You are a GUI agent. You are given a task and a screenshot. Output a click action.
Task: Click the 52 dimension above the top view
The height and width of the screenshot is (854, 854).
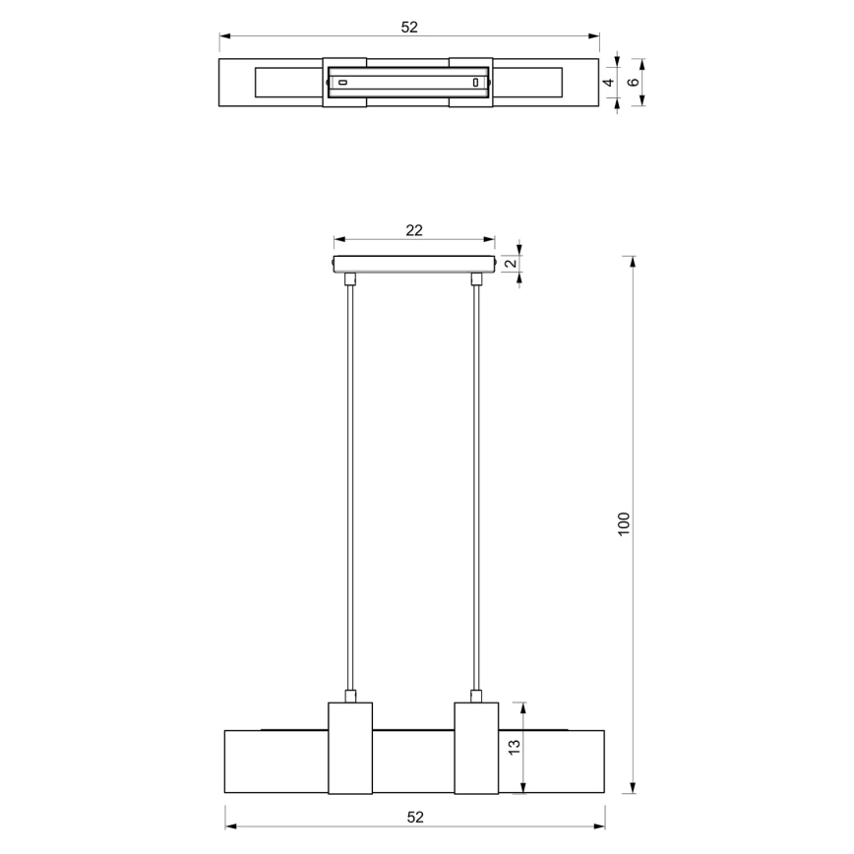point(409,28)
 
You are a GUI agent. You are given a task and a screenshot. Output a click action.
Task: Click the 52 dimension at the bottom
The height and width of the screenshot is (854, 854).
point(415,817)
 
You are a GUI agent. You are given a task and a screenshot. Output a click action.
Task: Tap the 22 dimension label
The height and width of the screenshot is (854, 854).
point(414,230)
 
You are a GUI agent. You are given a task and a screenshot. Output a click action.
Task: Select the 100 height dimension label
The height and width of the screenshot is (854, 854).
point(623,523)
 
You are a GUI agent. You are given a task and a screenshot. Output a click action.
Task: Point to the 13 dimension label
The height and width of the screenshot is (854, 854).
point(514,748)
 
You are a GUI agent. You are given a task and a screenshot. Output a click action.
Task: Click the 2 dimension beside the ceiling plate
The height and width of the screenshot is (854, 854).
point(510,265)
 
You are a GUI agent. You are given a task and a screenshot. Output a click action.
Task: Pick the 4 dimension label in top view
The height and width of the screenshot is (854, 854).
point(608,83)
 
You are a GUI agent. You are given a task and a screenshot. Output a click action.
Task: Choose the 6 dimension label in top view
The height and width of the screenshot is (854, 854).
point(633,83)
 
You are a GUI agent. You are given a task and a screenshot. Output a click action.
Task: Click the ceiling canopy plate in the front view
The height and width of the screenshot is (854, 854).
point(413,265)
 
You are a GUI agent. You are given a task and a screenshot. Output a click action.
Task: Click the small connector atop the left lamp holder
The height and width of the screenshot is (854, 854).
point(349,696)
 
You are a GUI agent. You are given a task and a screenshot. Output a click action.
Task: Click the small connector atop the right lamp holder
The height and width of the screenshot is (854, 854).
point(477,696)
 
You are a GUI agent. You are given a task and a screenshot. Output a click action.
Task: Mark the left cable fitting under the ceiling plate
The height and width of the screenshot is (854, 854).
point(349,279)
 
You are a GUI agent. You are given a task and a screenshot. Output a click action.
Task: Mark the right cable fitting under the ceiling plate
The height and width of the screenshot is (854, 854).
point(477,279)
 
